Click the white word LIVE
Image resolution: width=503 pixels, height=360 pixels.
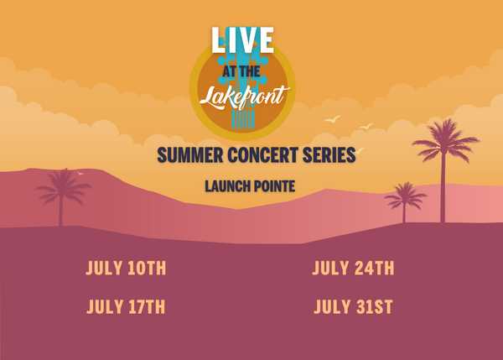coord(242,39)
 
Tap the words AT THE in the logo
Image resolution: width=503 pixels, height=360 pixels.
coord(241,71)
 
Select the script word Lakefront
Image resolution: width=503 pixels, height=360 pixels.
coord(245,97)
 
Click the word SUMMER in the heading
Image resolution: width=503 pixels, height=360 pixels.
coord(190,155)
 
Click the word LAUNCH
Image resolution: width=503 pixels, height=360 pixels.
coord(227,186)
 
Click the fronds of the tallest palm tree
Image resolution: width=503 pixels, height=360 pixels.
coord(445,139)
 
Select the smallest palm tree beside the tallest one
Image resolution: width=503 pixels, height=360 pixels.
coord(405,201)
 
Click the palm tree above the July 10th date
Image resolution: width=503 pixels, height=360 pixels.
coord(63,196)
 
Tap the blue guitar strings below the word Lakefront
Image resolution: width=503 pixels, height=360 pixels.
coord(243,119)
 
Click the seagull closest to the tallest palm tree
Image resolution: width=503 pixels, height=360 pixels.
coord(366,126)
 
